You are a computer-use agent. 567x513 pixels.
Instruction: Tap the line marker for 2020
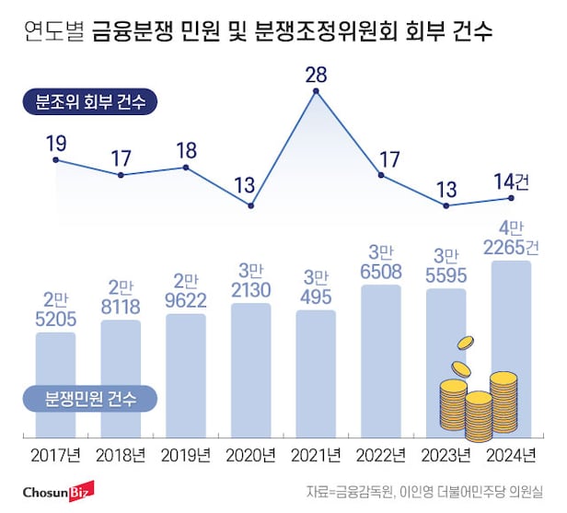250,204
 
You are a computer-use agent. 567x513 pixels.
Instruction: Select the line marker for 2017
56,160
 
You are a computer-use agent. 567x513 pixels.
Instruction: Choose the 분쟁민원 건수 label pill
90,399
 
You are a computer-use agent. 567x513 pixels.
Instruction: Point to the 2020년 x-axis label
251,455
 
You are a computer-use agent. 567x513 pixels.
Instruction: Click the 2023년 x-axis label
446,455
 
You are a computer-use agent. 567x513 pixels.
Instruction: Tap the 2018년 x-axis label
121,455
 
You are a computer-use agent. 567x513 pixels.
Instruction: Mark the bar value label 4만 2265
512,237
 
